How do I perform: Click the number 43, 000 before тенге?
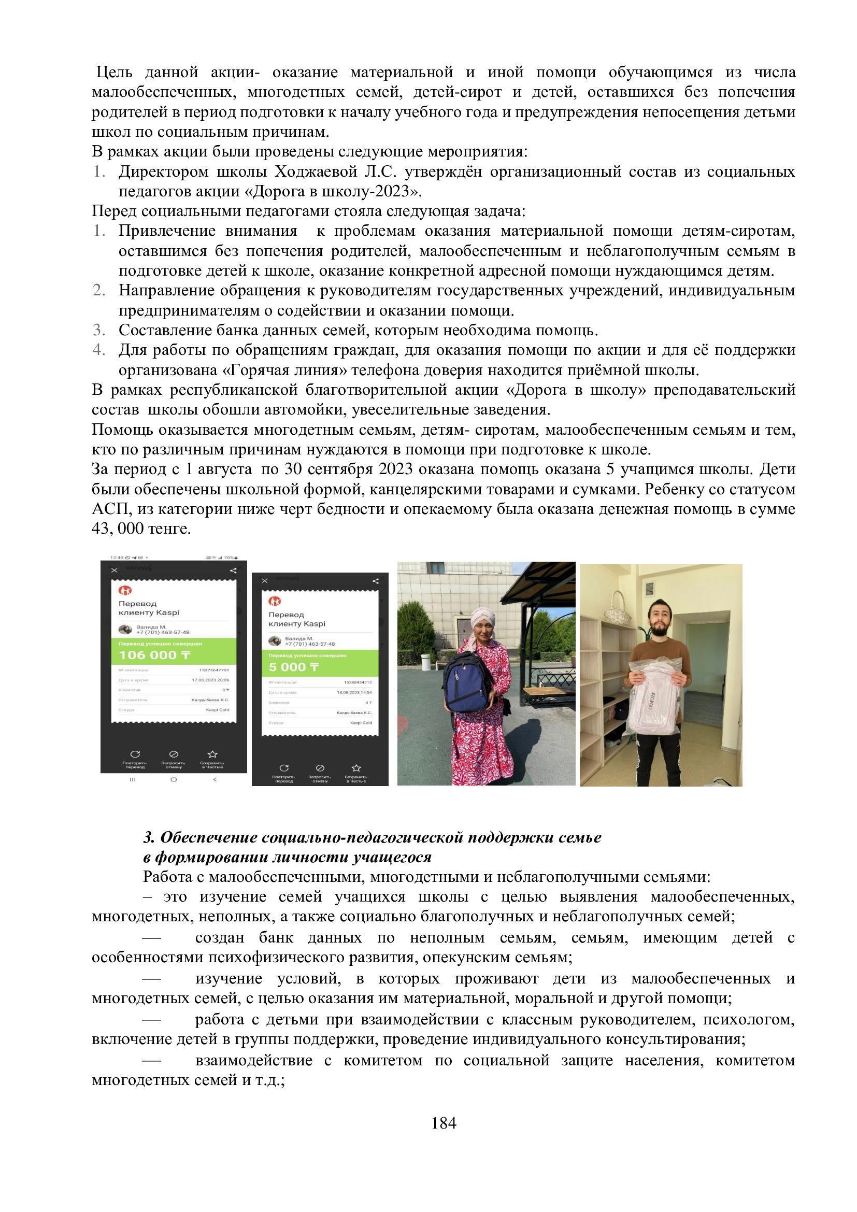[x=117, y=529]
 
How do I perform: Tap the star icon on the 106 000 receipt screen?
[x=212, y=754]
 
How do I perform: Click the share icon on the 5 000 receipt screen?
[x=375, y=581]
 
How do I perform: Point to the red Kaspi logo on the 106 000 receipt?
[x=125, y=590]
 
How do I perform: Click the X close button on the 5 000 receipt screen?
[x=264, y=581]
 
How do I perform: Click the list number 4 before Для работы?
[x=98, y=350]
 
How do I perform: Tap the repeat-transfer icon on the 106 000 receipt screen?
[x=135, y=754]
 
